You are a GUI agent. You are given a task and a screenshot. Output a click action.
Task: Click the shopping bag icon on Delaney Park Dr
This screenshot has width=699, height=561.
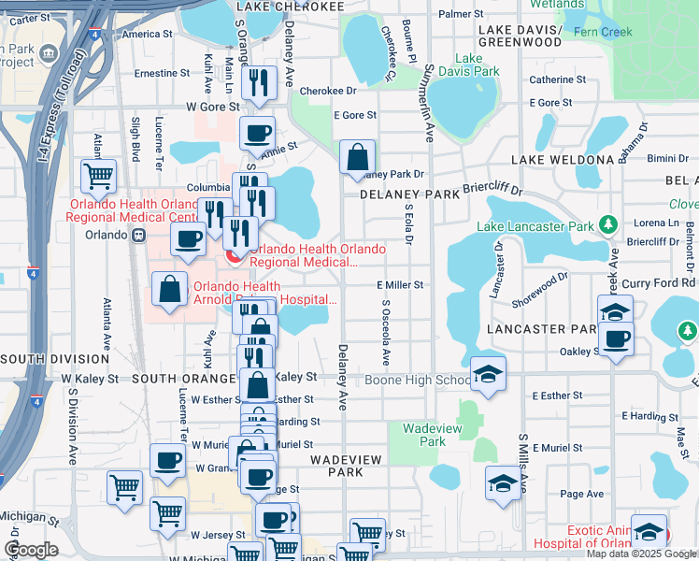pyautogui.click(x=357, y=158)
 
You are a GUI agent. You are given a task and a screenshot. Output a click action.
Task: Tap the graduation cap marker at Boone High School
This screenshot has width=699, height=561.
pyautogui.click(x=488, y=374)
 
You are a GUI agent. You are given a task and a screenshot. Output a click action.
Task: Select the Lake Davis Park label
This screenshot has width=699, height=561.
pyautogui.click(x=464, y=65)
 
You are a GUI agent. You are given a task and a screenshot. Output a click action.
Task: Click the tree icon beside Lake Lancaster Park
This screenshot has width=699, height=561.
pyautogui.click(x=608, y=224)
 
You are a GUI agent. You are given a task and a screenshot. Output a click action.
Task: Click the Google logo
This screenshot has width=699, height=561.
pyautogui.click(x=31, y=549)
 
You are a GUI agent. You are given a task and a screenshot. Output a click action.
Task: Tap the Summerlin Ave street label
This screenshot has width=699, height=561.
pyautogui.click(x=429, y=103)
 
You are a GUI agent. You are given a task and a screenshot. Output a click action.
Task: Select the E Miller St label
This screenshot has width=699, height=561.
pyautogui.click(x=400, y=284)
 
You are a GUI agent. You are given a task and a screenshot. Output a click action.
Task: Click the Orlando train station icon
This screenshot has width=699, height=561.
pyautogui.click(x=138, y=235)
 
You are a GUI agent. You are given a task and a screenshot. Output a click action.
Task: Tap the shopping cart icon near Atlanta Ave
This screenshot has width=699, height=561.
pyautogui.click(x=98, y=175)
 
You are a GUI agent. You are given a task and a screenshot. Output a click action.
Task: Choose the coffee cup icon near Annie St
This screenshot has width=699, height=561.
pyautogui.click(x=257, y=133)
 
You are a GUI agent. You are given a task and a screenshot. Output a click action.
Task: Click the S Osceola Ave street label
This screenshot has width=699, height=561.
pyautogui.click(x=385, y=333)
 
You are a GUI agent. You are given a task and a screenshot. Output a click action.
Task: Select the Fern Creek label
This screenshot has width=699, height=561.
pyautogui.click(x=631, y=32)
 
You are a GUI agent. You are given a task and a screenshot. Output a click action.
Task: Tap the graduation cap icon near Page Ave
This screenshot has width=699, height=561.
pyautogui.click(x=503, y=484)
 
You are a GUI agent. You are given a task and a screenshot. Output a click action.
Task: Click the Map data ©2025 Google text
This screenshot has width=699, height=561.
pyautogui.click(x=641, y=554)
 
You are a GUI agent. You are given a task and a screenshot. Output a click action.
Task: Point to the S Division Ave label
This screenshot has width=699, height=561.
pyautogui.click(x=72, y=430)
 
